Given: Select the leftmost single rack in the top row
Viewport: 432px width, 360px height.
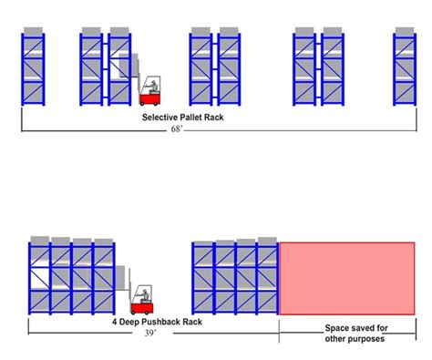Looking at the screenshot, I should click(x=35, y=68).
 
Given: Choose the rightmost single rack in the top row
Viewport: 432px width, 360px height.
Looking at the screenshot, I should click(x=405, y=68).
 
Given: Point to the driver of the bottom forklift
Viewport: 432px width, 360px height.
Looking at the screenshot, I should click(x=143, y=293).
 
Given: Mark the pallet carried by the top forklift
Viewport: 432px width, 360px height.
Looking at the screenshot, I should click(x=127, y=69).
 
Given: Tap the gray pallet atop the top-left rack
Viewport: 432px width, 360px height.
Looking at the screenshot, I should click(x=35, y=32).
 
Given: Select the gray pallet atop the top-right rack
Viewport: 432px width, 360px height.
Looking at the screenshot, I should click(x=405, y=32).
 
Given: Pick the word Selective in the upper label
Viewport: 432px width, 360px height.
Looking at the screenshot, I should click(x=159, y=118).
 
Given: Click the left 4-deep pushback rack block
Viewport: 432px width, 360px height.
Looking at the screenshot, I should click(x=72, y=278).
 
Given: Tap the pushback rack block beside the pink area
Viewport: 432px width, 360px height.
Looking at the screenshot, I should click(x=234, y=278).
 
